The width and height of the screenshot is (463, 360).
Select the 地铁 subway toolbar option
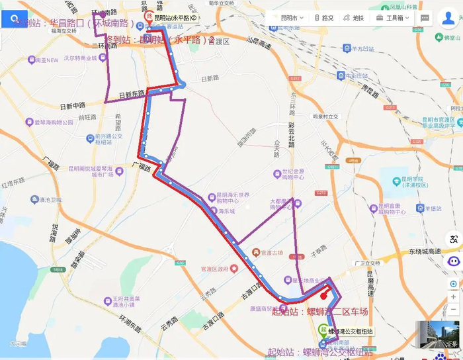(x=355, y=18)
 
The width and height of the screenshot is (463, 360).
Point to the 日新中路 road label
(x=73, y=106)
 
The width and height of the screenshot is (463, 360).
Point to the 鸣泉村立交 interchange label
(x=325, y=116)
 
